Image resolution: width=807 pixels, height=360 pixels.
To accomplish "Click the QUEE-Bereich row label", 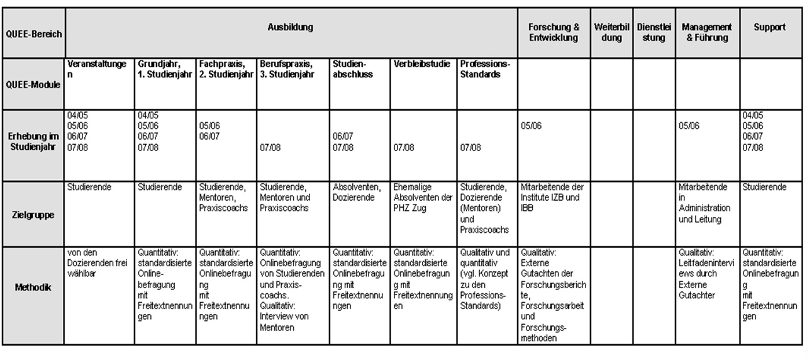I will pyautogui.click(x=33, y=33).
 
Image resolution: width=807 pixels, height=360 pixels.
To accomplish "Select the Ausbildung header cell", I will pyautogui.click(x=291, y=28).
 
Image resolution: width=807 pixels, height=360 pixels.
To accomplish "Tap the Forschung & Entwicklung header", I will pyautogui.click(x=554, y=33).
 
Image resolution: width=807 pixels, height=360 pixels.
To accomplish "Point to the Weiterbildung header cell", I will pyautogui.click(x=611, y=33).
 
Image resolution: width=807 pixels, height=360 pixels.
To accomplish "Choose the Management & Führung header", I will pyautogui.click(x=706, y=33).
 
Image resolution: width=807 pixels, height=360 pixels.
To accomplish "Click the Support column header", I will pyautogui.click(x=769, y=28).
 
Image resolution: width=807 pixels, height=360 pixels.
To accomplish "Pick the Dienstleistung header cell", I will pyautogui.click(x=654, y=33).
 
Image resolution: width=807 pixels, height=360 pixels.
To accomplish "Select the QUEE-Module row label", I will pyautogui.click(x=33, y=84).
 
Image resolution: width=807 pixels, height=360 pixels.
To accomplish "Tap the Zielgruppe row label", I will pyautogui.click(x=33, y=214).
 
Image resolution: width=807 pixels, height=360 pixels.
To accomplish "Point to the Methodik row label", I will pyautogui.click(x=33, y=287).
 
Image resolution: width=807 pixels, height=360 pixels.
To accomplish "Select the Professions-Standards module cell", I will pyautogui.click(x=486, y=69).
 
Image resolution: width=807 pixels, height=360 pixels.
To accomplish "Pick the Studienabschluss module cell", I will pyautogui.click(x=353, y=69).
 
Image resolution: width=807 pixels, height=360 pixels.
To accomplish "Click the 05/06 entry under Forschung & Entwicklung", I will pyautogui.click(x=532, y=125).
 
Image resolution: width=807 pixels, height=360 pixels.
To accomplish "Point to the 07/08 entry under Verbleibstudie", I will pyautogui.click(x=404, y=148).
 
